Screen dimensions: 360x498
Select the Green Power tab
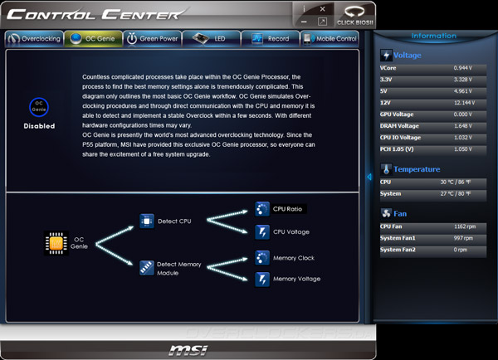click(152, 39)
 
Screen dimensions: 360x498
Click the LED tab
click(212, 39)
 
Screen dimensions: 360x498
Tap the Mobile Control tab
click(330, 39)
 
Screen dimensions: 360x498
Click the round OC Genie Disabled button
click(39, 108)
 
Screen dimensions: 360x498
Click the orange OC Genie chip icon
click(55, 242)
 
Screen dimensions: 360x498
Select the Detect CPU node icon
click(146, 221)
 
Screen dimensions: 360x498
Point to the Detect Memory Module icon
click(146, 266)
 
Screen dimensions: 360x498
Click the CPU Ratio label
click(289, 209)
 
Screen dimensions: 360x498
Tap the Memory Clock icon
click(262, 258)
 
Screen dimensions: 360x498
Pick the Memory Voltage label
click(295, 280)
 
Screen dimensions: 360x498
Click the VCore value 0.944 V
click(466, 66)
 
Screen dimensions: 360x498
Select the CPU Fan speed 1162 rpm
click(466, 226)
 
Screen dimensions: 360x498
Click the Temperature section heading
click(417, 169)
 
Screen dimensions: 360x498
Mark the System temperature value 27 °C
click(466, 194)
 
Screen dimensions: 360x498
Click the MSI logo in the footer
click(182, 349)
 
